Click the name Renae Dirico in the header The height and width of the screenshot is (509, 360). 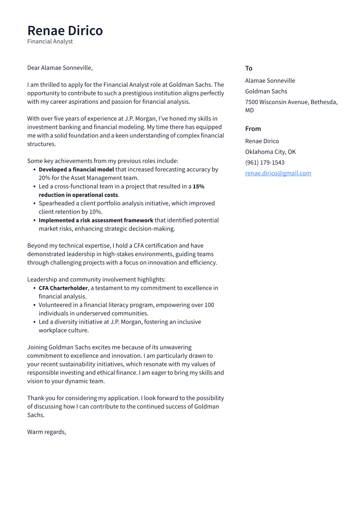[x=65, y=31]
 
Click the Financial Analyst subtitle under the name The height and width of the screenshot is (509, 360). [x=50, y=41]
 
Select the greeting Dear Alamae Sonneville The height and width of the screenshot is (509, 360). [x=60, y=68]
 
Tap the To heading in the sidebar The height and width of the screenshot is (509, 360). [x=248, y=68]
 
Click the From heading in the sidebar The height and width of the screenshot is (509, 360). [x=253, y=129]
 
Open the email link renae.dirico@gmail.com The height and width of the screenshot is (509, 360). [x=278, y=173]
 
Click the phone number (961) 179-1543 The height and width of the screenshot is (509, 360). [x=264, y=162]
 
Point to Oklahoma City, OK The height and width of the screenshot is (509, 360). [x=270, y=152]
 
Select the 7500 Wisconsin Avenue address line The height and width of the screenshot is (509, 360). [x=291, y=102]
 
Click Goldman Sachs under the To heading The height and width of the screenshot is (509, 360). [x=266, y=91]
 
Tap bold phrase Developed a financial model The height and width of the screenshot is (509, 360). [x=76, y=169]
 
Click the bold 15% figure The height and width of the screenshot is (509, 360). [x=198, y=187]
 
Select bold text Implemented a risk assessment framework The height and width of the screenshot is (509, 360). [x=96, y=220]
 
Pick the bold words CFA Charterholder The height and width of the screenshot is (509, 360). [x=63, y=288]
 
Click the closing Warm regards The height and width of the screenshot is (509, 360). [x=47, y=432]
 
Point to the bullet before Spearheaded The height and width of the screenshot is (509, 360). [x=35, y=204]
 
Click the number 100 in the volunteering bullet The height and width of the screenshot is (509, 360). [x=209, y=305]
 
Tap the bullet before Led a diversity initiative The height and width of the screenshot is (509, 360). [x=35, y=322]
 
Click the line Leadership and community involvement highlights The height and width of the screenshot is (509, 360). [x=96, y=280]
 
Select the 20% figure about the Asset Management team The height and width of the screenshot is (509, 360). [x=45, y=178]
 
